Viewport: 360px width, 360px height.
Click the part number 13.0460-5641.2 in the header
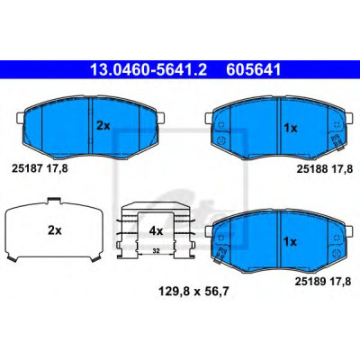[x=148, y=70]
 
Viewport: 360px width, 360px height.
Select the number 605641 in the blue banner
[x=254, y=70]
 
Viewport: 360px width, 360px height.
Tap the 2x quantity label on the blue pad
[x=103, y=126]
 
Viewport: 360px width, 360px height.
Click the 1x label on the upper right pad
[x=290, y=129]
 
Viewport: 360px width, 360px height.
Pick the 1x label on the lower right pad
[x=290, y=242]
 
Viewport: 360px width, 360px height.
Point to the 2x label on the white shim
[x=55, y=230]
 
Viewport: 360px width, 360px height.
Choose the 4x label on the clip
[x=156, y=231]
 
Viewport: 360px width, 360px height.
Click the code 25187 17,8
[x=40, y=168]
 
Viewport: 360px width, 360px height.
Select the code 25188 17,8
[x=324, y=169]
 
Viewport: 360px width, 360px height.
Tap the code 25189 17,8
[x=323, y=282]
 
